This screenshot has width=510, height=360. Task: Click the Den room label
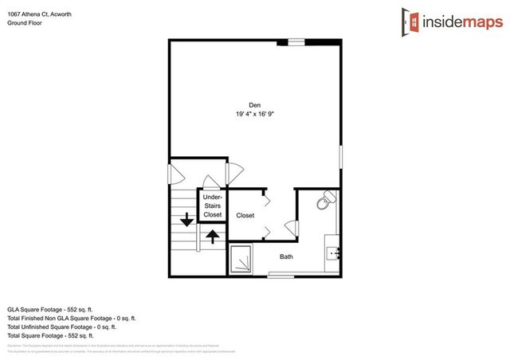point(254,104)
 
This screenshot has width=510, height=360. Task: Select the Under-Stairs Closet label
point(212,205)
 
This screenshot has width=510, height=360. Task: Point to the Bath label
point(287,256)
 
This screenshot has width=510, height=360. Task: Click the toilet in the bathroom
point(325,202)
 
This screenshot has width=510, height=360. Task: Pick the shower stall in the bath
point(241,260)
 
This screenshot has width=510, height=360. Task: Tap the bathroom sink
point(334,254)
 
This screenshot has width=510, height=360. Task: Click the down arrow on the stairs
point(186,220)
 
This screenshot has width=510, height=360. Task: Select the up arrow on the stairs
point(212,235)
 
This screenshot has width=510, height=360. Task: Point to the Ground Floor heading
point(25,23)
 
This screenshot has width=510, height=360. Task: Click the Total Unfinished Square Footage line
point(62,327)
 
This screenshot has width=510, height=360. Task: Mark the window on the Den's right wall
point(341,155)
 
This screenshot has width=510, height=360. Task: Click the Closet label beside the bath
point(245,216)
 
